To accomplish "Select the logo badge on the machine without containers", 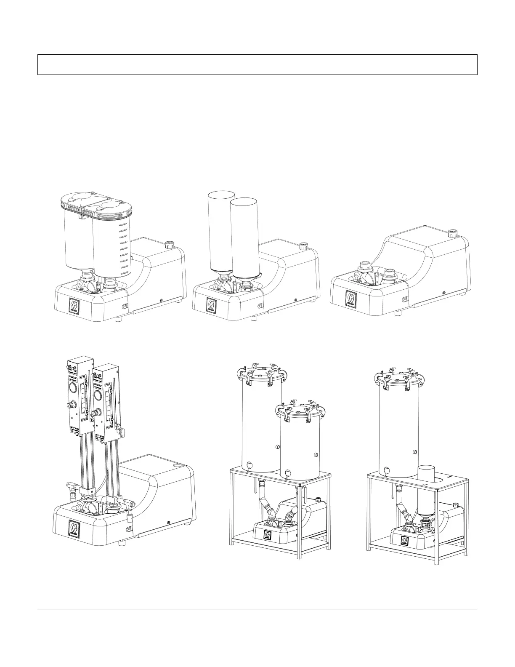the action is click(x=350, y=297).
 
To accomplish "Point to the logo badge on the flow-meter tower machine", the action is click(x=74, y=528).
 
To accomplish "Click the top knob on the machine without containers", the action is click(x=452, y=232).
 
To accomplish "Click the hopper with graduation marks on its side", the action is click(x=111, y=244).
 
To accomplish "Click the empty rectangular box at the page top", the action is click(x=257, y=64).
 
